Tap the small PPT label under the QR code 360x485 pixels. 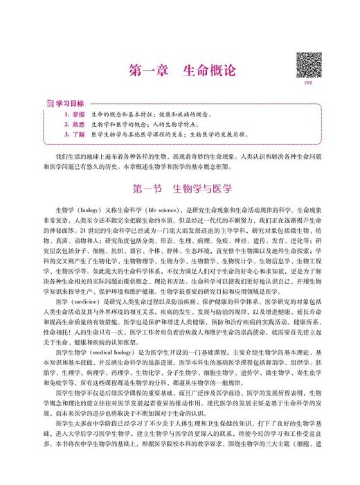(309, 84)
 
